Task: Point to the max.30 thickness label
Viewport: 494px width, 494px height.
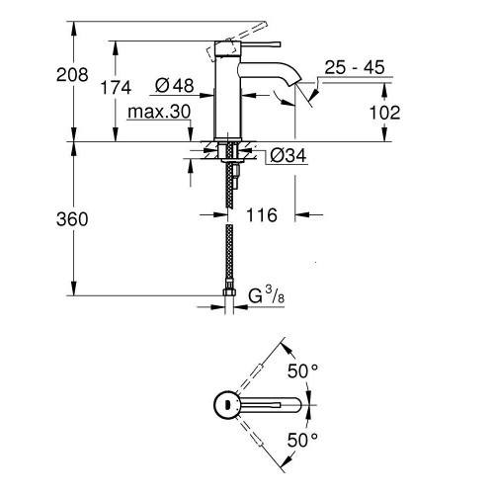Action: click(x=158, y=113)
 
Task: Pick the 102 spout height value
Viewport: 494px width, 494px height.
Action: click(x=384, y=113)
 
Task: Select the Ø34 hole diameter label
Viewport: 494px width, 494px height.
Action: click(x=286, y=156)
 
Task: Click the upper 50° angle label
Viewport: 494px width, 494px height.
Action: click(x=301, y=371)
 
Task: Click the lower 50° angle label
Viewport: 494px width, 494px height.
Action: click(x=301, y=439)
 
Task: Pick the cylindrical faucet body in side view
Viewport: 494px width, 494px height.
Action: click(x=229, y=99)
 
